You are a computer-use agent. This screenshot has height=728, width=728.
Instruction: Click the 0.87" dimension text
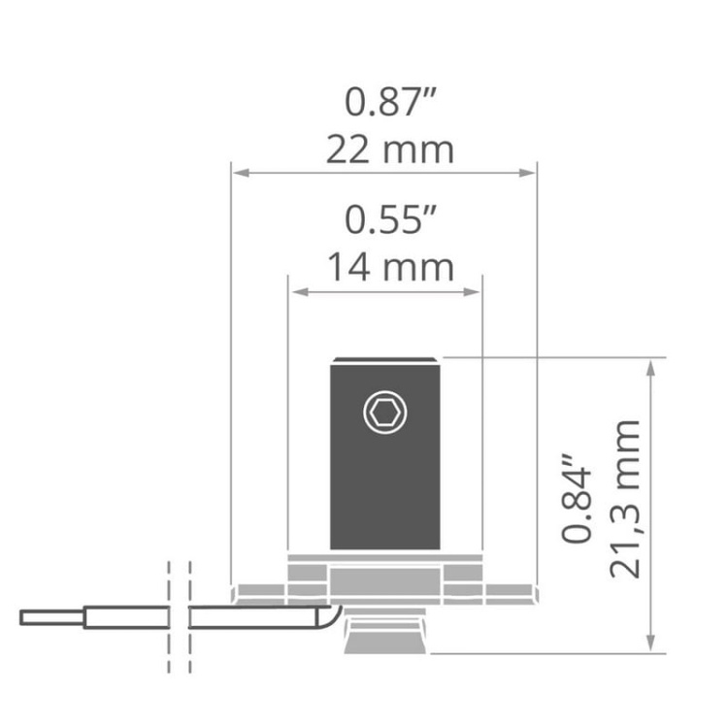pos(390,101)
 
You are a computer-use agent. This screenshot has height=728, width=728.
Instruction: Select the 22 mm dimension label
pos(390,149)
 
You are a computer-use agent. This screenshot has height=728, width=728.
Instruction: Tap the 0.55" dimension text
pos(390,219)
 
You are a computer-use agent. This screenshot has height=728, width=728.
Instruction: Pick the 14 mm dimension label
pos(390,268)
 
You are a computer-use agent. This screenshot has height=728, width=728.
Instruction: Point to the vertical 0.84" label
pos(578,498)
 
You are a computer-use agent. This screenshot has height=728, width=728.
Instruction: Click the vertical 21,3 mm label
pos(625,500)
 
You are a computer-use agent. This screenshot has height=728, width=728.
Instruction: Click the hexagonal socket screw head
pos(385,413)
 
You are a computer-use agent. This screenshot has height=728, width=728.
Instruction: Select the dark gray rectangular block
pos(385,453)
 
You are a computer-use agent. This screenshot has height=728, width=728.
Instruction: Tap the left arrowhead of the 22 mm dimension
pos(241,173)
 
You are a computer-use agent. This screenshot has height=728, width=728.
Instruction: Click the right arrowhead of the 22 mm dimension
pos(527,173)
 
